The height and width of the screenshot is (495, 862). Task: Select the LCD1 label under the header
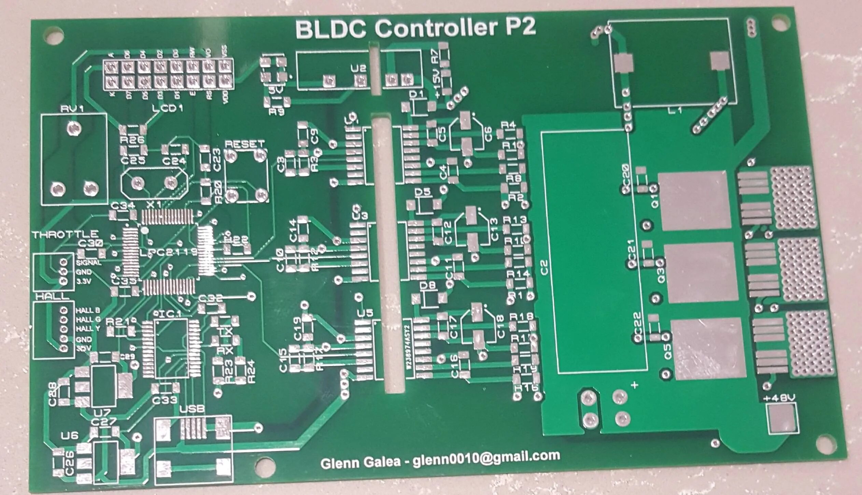coord(168,109)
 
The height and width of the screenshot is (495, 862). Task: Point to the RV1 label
coord(72,109)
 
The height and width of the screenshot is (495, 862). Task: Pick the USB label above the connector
coord(192,409)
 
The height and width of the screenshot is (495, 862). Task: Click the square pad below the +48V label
coord(782,419)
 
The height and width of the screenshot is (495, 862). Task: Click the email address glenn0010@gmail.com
coord(486,457)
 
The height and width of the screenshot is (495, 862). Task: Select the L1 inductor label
coord(674,110)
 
